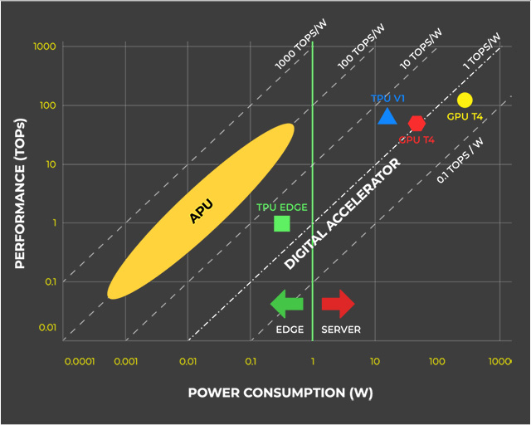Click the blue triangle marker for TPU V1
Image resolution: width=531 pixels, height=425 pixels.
pos(387,116)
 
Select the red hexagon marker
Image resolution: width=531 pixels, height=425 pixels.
pos(417,123)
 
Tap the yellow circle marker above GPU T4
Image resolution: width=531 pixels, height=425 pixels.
pos(465,100)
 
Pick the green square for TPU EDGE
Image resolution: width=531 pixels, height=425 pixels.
pos(282,223)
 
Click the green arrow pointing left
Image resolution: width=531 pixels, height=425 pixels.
pos(287,304)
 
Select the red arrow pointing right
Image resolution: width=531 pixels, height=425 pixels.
pos(338,304)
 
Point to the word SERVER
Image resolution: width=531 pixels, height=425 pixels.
pos(341,330)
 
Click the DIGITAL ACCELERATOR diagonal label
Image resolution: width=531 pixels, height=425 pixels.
pos(342,213)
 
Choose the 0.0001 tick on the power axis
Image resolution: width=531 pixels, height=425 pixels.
pos(78,362)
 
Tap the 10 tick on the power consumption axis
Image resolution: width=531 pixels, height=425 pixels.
pos(375,362)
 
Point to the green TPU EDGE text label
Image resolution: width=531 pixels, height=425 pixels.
pos(280,206)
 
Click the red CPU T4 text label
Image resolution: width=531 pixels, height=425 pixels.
pos(417,140)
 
